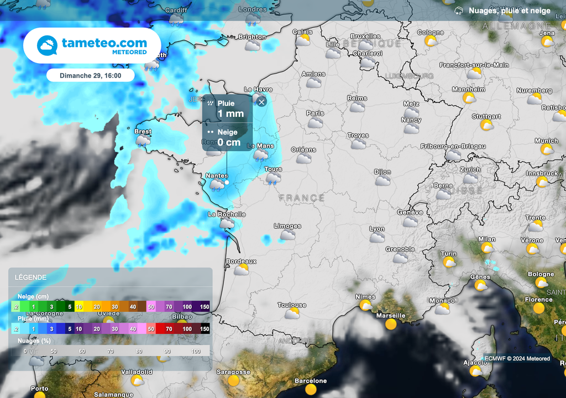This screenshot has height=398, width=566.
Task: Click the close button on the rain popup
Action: pyautogui.click(x=261, y=101)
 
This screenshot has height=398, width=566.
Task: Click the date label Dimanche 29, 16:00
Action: pyautogui.click(x=90, y=75)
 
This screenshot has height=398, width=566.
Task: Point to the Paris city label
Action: pyautogui.click(x=315, y=113)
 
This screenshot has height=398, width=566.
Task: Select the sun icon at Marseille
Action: pyautogui.click(x=391, y=324)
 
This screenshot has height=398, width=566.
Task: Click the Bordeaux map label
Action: pyautogui.click(x=241, y=261)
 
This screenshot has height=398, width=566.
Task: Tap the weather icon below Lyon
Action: pyautogui.click(x=377, y=237)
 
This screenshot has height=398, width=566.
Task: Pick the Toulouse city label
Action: pyautogui.click(x=292, y=305)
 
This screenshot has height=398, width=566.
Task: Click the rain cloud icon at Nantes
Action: pyautogui.click(x=217, y=185)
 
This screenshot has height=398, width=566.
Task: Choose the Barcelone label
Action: pyautogui.click(x=311, y=381)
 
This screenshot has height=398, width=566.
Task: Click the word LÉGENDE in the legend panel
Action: pyautogui.click(x=31, y=277)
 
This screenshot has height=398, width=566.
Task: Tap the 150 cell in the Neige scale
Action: pyautogui.click(x=205, y=307)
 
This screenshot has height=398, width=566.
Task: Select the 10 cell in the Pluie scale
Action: pyautogui.click(x=80, y=329)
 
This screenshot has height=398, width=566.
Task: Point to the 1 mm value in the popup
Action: pyautogui.click(x=230, y=114)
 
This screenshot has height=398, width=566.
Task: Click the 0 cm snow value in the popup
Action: pyautogui.click(x=229, y=142)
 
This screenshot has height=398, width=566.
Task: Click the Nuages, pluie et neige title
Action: pyautogui.click(x=509, y=11)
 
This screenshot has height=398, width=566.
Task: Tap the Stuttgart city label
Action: pyautogui.click(x=486, y=117)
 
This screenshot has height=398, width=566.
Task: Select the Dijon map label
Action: pyautogui.click(x=382, y=172)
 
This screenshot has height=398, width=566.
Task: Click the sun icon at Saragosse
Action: pyautogui.click(x=233, y=381)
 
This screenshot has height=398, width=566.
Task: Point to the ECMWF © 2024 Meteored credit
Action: pyautogui.click(x=517, y=359)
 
